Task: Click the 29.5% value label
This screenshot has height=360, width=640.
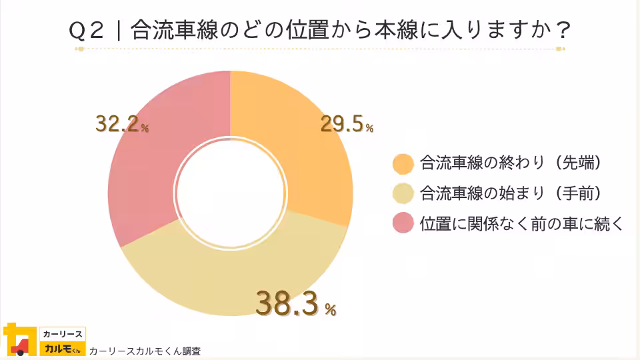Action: coord(346,124)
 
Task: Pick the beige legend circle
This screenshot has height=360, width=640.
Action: coord(403,194)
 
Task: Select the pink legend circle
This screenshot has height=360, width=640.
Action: coord(403,224)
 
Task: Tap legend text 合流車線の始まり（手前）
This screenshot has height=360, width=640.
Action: coord(511,194)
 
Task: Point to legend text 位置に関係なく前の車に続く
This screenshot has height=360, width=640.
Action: coord(521,224)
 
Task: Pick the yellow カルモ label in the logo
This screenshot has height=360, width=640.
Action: coord(61,349)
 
